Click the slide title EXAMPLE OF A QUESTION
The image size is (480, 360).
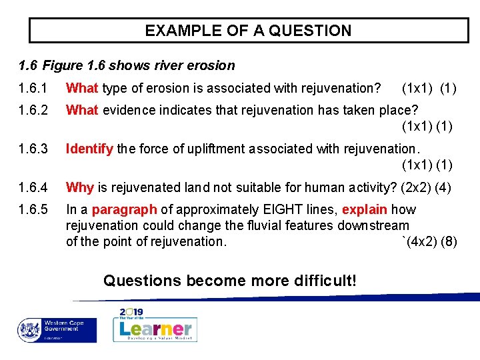[248, 31]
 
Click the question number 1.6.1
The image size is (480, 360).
[33, 88]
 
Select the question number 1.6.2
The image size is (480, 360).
[33, 110]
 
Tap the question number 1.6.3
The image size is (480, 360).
[33, 149]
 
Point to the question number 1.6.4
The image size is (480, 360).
[33, 187]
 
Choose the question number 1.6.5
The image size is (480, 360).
[33, 210]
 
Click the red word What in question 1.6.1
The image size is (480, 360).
[82, 88]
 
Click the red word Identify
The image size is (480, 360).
[89, 149]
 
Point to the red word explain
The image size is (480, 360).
[365, 210]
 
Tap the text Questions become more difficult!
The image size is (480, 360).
[230, 281]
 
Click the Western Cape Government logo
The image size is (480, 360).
[57, 329]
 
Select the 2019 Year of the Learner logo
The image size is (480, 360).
[155, 325]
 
